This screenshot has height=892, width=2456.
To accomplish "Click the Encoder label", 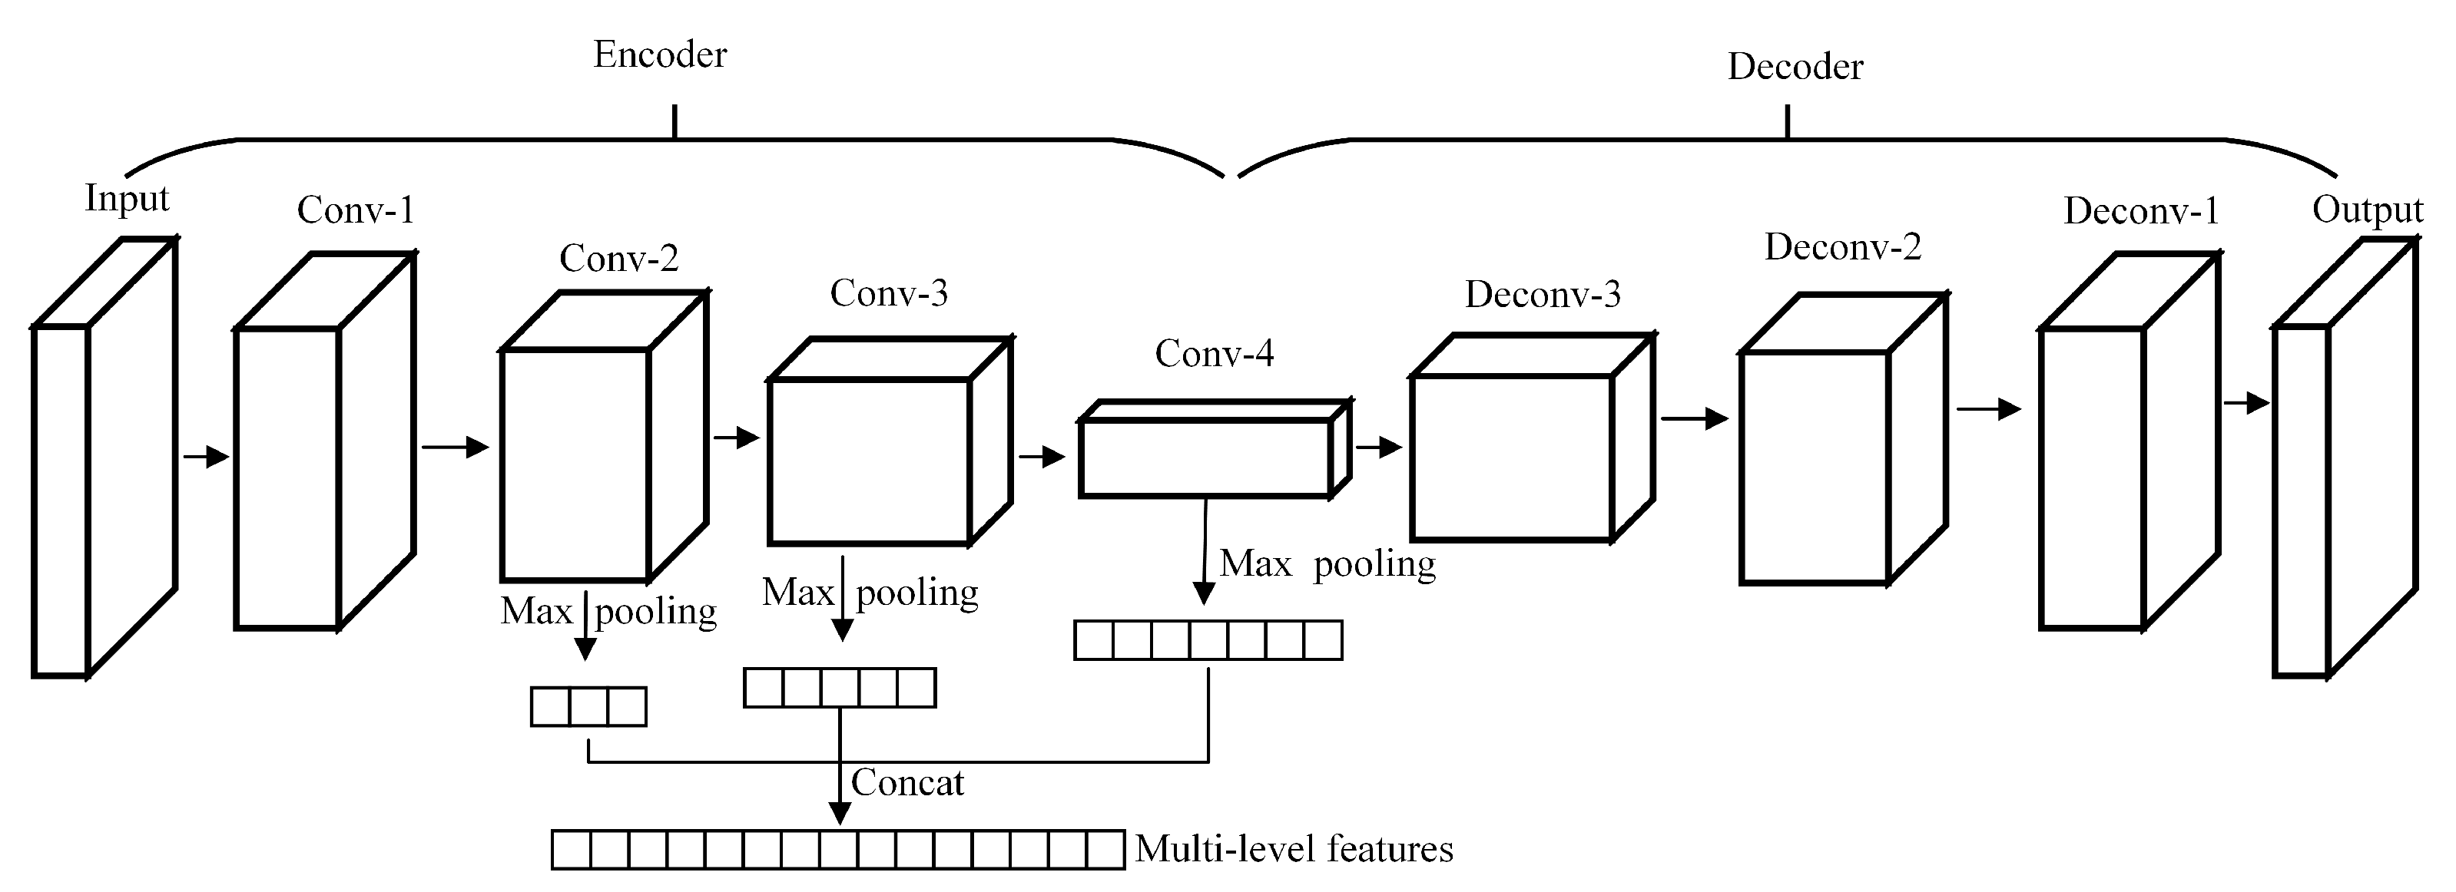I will [660, 55].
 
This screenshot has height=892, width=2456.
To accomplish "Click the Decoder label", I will [1795, 67].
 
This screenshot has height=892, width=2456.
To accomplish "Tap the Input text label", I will [126, 198].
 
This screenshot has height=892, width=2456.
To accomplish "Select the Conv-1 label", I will [356, 210].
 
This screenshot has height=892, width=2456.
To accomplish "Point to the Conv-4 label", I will [1214, 354].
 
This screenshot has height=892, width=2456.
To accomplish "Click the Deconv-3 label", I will [1542, 295].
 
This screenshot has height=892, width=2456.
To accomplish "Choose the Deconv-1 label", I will [2140, 210].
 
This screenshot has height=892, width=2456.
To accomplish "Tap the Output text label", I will [2366, 210].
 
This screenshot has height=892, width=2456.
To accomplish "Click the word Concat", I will [906, 783].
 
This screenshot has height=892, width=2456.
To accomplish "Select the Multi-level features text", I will [1294, 849].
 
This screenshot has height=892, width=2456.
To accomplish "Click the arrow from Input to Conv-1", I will [206, 457].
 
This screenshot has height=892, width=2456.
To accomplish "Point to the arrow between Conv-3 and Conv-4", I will [1041, 457].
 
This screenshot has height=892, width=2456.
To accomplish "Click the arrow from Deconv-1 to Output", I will [2246, 403].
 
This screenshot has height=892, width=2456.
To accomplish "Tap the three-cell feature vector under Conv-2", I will [588, 707].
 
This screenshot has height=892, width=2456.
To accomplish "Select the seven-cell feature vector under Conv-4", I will [1208, 640].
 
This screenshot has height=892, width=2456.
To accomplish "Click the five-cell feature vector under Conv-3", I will [839, 687].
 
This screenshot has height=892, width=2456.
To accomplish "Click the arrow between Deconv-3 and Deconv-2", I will [1694, 418].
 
